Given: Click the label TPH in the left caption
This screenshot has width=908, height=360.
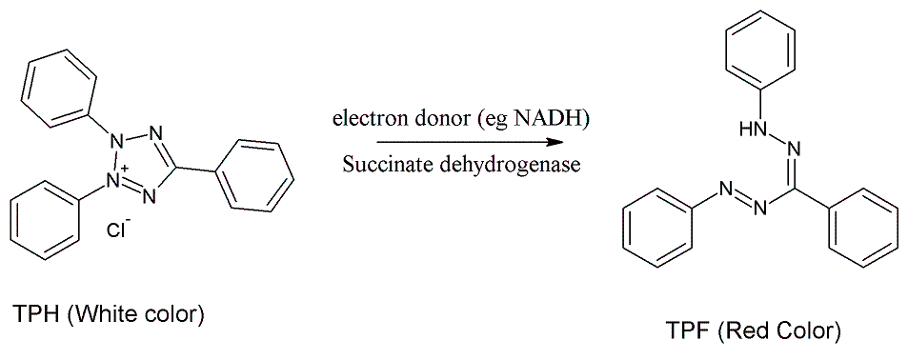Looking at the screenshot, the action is pyautogui.click(x=33, y=315).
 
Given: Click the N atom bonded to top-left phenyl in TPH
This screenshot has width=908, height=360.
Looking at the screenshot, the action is pyautogui.click(x=116, y=141).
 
